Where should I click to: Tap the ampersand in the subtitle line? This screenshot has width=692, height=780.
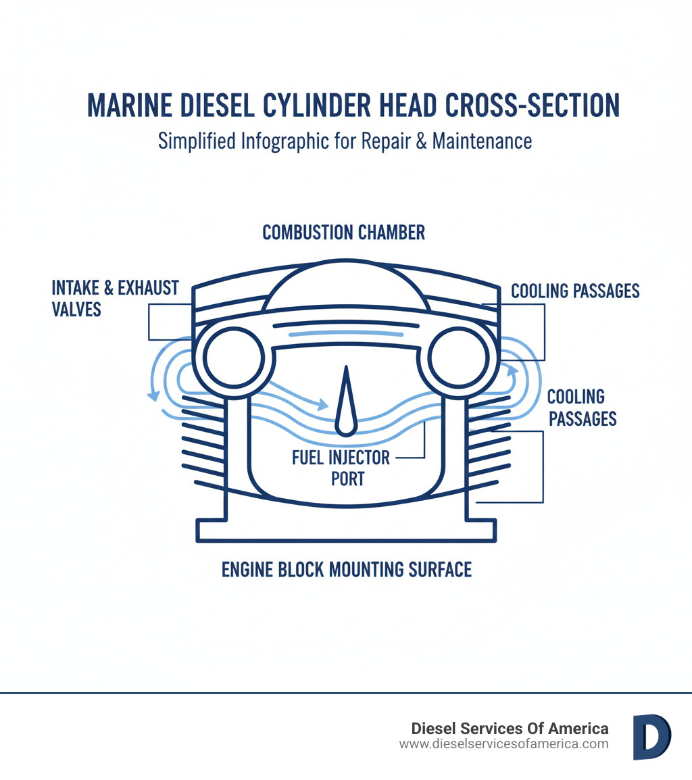[x=421, y=141]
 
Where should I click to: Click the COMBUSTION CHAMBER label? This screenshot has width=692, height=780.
[x=344, y=233]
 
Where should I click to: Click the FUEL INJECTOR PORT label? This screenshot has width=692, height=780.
[x=341, y=468]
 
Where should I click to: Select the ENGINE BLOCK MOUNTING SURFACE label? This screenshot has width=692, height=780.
[x=346, y=569]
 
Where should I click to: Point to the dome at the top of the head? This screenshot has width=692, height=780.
[x=345, y=287]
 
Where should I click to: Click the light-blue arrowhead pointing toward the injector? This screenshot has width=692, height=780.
[x=323, y=405]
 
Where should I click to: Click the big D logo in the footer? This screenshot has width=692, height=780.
[x=651, y=736]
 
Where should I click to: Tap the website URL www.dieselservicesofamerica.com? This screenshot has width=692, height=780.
[x=503, y=744]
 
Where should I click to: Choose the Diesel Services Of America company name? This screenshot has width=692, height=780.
[x=510, y=728]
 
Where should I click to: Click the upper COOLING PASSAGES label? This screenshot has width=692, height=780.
[x=575, y=291]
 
